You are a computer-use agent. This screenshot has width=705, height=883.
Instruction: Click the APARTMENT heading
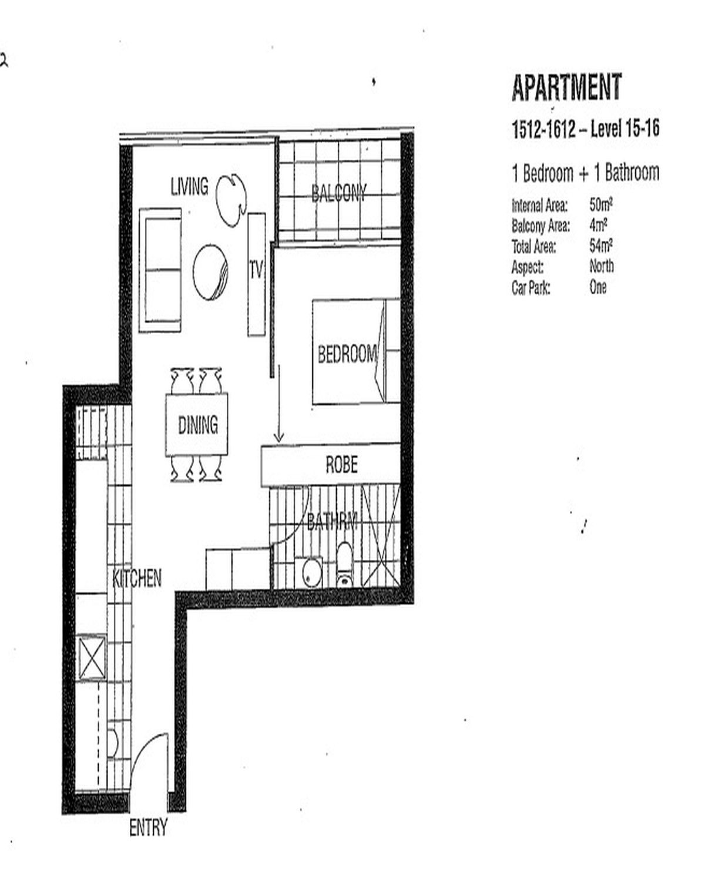[x=567, y=88]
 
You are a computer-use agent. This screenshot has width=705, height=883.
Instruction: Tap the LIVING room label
[x=189, y=186]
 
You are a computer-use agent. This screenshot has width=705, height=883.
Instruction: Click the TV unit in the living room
[x=257, y=274]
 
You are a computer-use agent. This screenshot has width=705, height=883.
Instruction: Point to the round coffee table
[x=210, y=273]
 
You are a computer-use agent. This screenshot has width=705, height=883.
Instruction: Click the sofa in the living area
[x=160, y=270]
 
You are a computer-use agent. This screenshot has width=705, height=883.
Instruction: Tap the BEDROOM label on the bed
[x=347, y=354]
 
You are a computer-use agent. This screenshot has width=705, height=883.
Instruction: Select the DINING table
[x=197, y=425]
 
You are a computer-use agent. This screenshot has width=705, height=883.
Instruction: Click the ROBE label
[x=341, y=465]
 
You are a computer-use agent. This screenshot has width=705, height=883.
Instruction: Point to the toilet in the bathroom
[x=344, y=565]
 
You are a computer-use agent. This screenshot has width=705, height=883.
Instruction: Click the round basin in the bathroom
[x=312, y=572]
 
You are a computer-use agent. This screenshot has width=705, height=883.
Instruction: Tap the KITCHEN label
[x=137, y=578]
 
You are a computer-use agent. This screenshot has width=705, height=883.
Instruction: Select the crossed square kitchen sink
[x=92, y=657]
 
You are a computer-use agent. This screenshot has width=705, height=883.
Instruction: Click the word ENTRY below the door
[x=148, y=827]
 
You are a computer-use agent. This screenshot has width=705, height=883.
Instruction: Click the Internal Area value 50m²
[x=601, y=204]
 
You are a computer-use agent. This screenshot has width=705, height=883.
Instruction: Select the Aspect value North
[x=602, y=266]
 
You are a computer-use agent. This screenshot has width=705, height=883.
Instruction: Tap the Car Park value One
[x=598, y=287]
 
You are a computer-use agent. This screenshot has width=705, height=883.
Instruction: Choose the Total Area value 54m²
[x=601, y=246]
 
